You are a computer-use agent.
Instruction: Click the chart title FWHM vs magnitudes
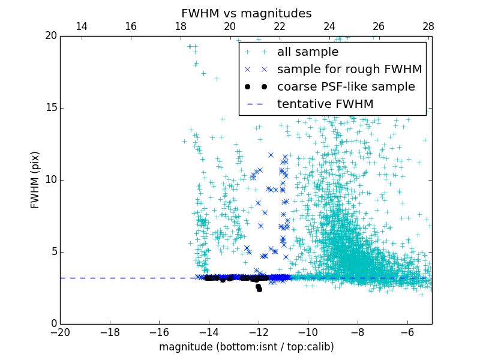246,13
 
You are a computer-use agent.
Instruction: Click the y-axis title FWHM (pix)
35,180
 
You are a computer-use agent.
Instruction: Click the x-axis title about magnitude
246,347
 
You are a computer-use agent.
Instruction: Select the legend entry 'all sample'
307,52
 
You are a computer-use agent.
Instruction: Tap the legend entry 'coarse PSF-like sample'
346,87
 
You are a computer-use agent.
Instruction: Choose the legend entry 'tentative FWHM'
325,104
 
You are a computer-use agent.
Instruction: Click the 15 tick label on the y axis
50,108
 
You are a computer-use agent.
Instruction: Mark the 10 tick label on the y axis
50,180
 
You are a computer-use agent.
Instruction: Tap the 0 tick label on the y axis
53,324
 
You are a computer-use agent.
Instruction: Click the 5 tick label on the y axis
53,252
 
